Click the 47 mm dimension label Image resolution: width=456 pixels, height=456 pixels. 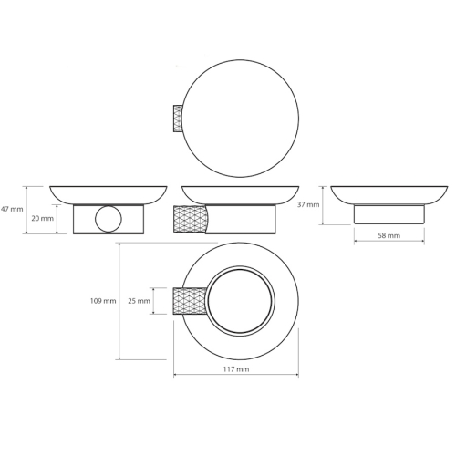point(12,209)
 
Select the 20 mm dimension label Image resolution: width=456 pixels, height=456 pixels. point(42,218)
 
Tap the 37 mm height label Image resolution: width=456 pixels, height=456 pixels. point(308,204)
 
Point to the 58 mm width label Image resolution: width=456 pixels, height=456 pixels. point(389,235)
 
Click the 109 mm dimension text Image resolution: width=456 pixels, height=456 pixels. point(103,301)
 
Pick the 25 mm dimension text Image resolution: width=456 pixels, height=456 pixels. point(139,301)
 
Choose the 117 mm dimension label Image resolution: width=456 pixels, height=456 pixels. point(236,369)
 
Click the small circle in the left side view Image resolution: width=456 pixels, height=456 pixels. point(109,219)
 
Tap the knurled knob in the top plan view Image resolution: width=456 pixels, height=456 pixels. point(178,119)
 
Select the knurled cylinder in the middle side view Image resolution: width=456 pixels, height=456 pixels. point(190,219)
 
